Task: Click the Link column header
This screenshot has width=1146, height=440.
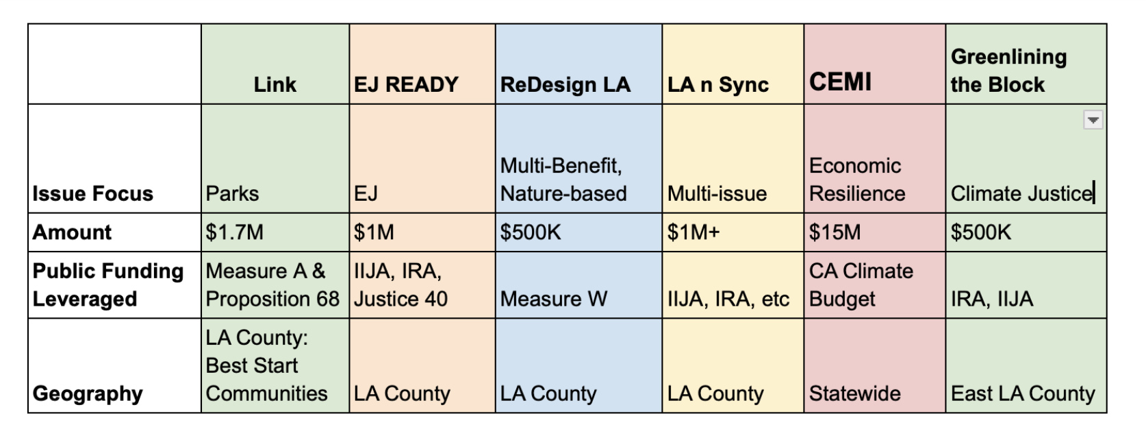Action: (x=275, y=84)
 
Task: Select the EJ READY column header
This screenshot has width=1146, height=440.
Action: (x=406, y=84)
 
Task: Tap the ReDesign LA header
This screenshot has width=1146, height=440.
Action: (x=565, y=84)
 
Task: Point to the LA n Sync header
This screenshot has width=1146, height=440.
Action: (x=717, y=84)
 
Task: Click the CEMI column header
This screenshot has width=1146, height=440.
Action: (x=840, y=82)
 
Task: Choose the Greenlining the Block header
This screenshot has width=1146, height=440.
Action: (x=1008, y=71)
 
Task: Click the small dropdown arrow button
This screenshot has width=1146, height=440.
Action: (x=1093, y=121)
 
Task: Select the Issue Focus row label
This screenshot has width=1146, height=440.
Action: (x=92, y=194)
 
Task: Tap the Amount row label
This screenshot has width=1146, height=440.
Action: (x=72, y=232)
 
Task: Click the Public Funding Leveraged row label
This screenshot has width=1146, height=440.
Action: (x=108, y=285)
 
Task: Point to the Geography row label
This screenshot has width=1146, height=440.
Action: (x=88, y=394)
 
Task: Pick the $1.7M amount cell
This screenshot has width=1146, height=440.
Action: (x=234, y=232)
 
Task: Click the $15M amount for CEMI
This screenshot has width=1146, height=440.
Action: (x=835, y=232)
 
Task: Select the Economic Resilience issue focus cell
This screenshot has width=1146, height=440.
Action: (x=857, y=180)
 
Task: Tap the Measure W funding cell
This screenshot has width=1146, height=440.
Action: (x=554, y=299)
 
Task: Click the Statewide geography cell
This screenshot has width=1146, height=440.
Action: (x=854, y=393)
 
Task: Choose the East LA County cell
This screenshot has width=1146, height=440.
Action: (x=1023, y=393)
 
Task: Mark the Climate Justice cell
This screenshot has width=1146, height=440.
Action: (x=1021, y=194)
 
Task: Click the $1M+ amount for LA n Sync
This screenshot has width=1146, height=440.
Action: (x=693, y=232)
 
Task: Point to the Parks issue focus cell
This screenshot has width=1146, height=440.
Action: (x=232, y=194)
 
